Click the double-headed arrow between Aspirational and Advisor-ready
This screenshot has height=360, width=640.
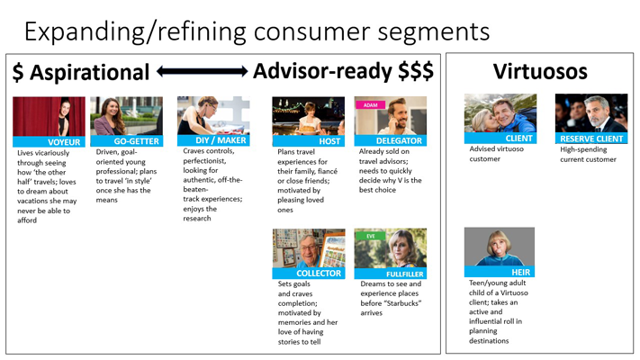coord(202,71)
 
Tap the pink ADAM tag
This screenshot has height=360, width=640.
coord(371,105)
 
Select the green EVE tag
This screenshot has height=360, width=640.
coord(371,236)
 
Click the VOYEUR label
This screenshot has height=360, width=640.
coord(64,142)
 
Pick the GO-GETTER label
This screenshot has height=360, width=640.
coord(136,141)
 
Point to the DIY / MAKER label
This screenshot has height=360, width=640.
coord(221,140)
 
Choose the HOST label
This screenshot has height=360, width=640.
coord(329,141)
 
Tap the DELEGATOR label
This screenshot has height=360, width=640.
coord(399,140)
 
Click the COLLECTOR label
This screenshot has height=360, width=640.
coord(319,274)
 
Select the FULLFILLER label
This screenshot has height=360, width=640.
coord(404,274)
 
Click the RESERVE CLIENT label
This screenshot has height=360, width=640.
coord(591,139)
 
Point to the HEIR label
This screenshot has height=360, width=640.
coord(521,272)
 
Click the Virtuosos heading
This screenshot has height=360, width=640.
coord(540,71)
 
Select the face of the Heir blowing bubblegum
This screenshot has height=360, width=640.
coord(500,245)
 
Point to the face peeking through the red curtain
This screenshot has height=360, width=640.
coord(65,110)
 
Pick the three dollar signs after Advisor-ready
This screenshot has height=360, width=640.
coord(416,70)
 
